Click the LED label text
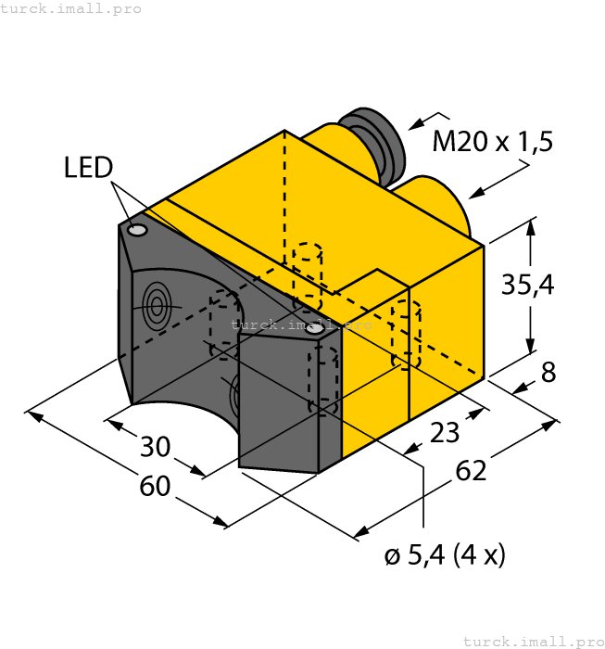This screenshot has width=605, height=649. tap(88, 168)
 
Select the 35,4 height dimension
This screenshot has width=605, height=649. tap(527, 285)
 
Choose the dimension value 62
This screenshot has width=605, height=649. tap(471, 471)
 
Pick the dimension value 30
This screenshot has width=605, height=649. tap(156, 447)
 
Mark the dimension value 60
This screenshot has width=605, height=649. tap(155, 485)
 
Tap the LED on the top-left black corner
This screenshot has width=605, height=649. tap(138, 229)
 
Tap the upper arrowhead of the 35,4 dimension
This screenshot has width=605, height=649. tap(530, 226)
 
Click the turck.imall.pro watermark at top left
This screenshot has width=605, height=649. tap(71, 8)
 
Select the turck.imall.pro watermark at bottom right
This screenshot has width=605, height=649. tap(532, 640)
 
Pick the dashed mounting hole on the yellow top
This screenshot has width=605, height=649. tap(307, 274)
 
